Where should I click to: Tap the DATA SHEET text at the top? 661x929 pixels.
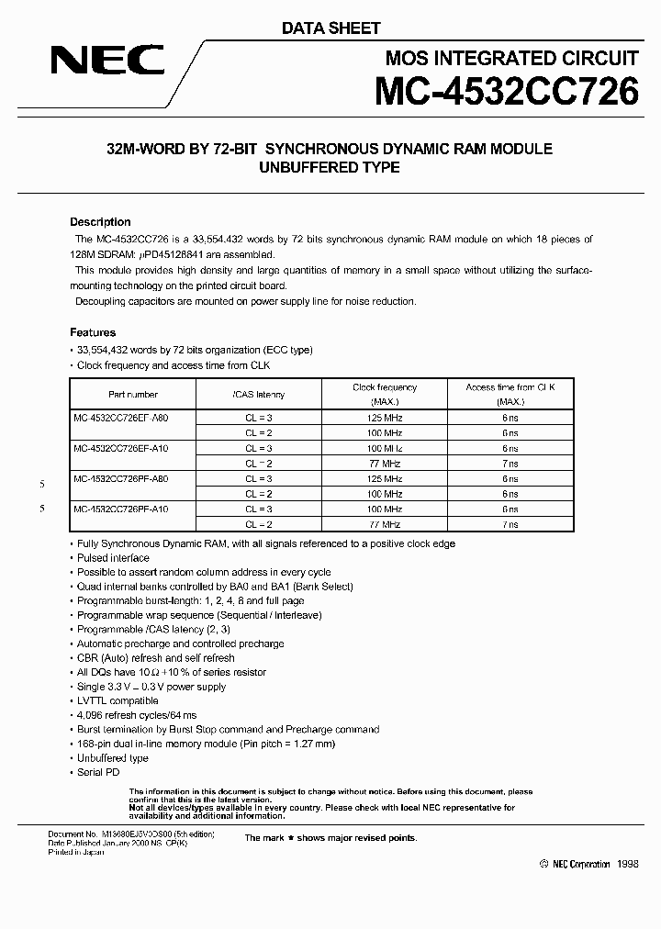click(x=330, y=28)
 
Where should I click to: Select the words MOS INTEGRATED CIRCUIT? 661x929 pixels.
click(x=511, y=58)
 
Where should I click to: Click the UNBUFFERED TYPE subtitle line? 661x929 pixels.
click(x=330, y=167)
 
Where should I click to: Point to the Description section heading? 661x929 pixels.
click(x=100, y=222)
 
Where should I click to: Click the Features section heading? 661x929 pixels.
click(x=93, y=332)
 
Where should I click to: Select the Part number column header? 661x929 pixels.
click(x=133, y=395)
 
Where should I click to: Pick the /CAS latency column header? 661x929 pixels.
click(x=259, y=395)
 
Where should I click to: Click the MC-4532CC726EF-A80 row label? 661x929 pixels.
click(x=121, y=417)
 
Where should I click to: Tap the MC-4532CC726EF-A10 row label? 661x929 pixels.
click(x=121, y=448)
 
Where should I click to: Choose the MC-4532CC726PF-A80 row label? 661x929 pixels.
click(x=121, y=478)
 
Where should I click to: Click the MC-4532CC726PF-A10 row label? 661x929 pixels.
click(x=121, y=509)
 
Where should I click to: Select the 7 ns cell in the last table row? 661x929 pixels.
click(x=510, y=524)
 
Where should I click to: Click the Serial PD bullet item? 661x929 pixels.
click(x=98, y=773)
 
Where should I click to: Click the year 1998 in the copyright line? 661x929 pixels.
click(x=627, y=864)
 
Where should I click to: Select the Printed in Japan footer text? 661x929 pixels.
click(x=76, y=852)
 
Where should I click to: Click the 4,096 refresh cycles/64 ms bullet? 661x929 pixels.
click(x=137, y=715)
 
